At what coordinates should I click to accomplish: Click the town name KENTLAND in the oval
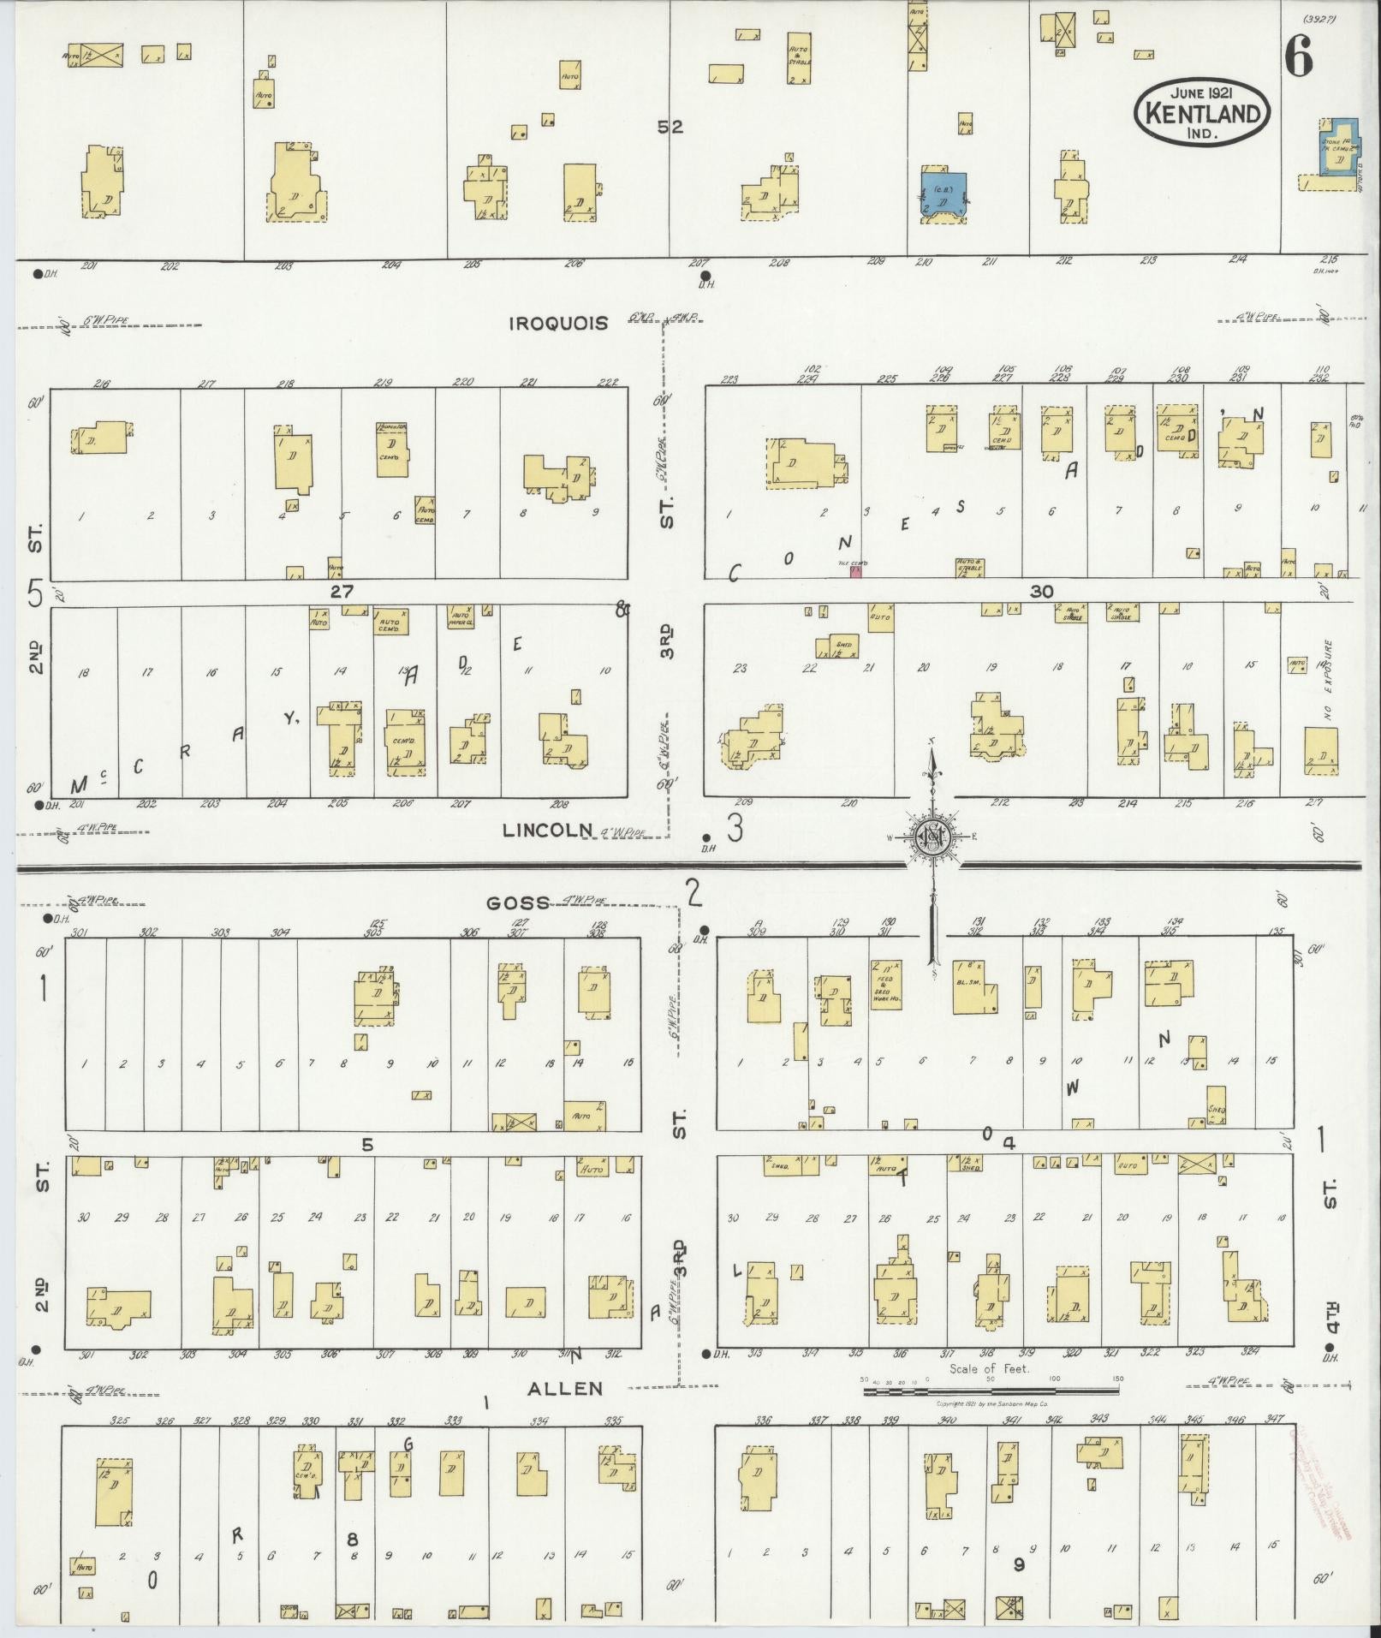[x=1202, y=113]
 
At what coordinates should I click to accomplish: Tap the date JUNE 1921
[x=1201, y=92]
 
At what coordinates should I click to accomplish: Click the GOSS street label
[x=517, y=902]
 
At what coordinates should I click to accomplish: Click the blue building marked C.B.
[x=943, y=194]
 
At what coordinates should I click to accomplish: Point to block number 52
[x=670, y=127]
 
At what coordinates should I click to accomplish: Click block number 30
[x=1042, y=592]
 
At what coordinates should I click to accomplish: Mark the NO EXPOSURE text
[x=1328, y=677]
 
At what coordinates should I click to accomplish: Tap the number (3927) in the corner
[x=1319, y=19]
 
